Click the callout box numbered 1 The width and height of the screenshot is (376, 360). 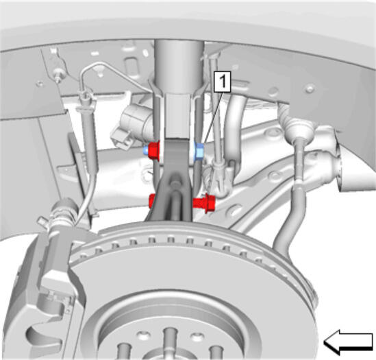pyautogui.click(x=223, y=82)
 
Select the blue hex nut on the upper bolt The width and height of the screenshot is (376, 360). pyautogui.click(x=199, y=152)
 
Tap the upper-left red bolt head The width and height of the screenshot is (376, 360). pyautogui.click(x=154, y=150)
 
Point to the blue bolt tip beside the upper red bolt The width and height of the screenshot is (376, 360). pyautogui.click(x=146, y=151)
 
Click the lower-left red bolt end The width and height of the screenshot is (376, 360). pyautogui.click(x=152, y=201)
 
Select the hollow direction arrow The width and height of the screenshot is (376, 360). pyautogui.click(x=348, y=342)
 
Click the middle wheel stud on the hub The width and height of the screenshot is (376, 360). pyautogui.click(x=170, y=340)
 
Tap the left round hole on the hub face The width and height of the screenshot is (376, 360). pyautogui.click(x=144, y=335)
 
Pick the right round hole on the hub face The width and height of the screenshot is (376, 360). pyautogui.click(x=197, y=337)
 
